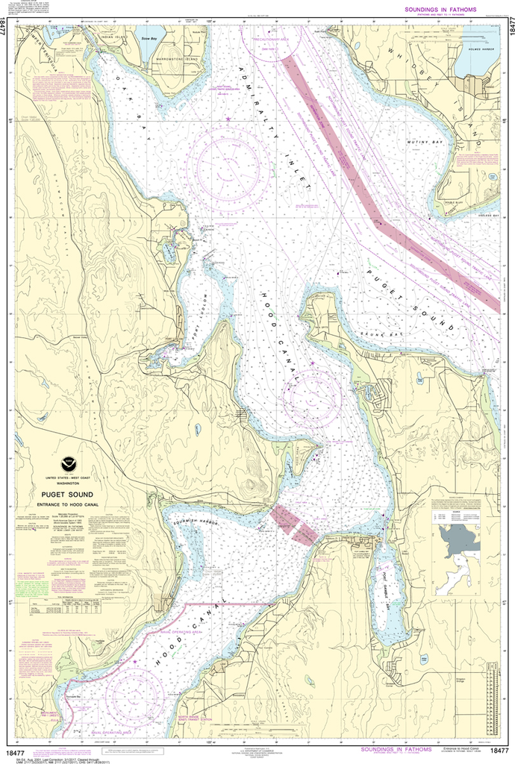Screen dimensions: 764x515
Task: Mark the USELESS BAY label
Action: pyautogui.click(x=484, y=213)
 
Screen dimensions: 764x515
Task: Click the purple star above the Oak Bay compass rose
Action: pyautogui.click(x=228, y=119)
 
